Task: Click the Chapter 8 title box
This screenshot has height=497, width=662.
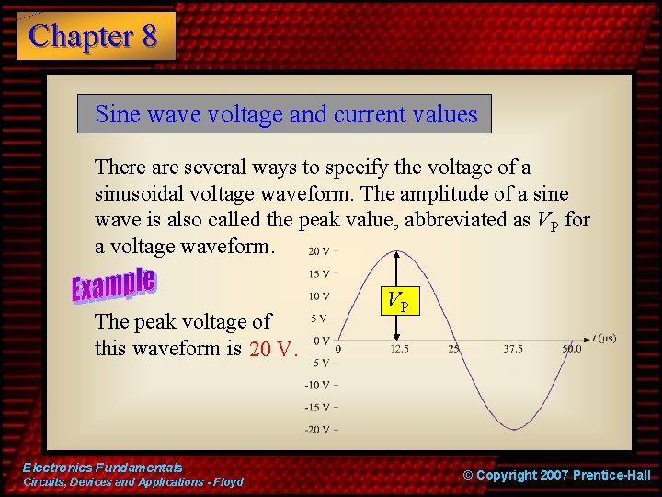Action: click(96, 36)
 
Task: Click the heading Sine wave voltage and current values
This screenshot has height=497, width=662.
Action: click(285, 114)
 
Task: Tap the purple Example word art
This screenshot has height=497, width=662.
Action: click(114, 285)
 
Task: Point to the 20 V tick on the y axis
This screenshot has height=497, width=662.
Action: click(320, 250)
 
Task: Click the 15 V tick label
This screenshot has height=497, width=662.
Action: click(320, 273)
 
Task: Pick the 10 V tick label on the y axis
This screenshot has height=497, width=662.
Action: click(320, 295)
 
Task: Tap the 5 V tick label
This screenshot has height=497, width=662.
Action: click(321, 318)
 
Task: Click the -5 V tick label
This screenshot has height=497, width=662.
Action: click(319, 362)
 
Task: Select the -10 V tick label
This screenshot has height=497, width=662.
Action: click(318, 385)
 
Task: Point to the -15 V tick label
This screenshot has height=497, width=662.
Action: click(318, 407)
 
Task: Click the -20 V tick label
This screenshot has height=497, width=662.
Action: click(318, 430)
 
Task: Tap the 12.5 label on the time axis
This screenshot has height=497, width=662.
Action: click(399, 350)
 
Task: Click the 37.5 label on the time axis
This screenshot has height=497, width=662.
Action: click(513, 350)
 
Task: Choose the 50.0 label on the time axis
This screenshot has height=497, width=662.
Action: click(571, 350)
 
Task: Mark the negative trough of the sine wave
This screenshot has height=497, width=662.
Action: click(514, 428)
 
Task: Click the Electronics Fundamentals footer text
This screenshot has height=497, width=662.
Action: click(103, 468)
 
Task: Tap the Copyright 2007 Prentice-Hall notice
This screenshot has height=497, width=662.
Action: click(556, 475)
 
